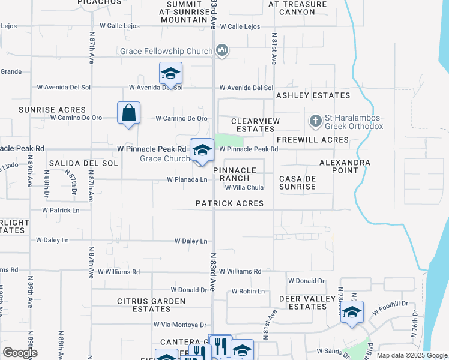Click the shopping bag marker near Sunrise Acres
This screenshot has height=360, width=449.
[129, 113]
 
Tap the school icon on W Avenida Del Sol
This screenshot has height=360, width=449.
[170, 74]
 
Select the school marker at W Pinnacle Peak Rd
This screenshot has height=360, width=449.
[202, 150]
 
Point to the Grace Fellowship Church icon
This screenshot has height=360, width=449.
[222, 50]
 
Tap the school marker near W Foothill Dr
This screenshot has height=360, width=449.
[352, 312]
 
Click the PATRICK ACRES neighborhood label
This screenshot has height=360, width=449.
[230, 203]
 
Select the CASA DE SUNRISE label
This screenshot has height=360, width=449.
[298, 182]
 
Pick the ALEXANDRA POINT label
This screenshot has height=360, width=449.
[345, 167]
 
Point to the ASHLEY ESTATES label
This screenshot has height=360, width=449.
[313, 95]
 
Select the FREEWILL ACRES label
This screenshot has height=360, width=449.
[312, 140]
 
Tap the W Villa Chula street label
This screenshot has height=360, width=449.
[244, 188]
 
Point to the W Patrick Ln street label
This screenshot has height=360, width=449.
[61, 211]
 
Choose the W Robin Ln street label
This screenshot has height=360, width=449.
[248, 292]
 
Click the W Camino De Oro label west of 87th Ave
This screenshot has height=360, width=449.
[76, 118]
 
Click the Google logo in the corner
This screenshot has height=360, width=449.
[20, 353]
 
